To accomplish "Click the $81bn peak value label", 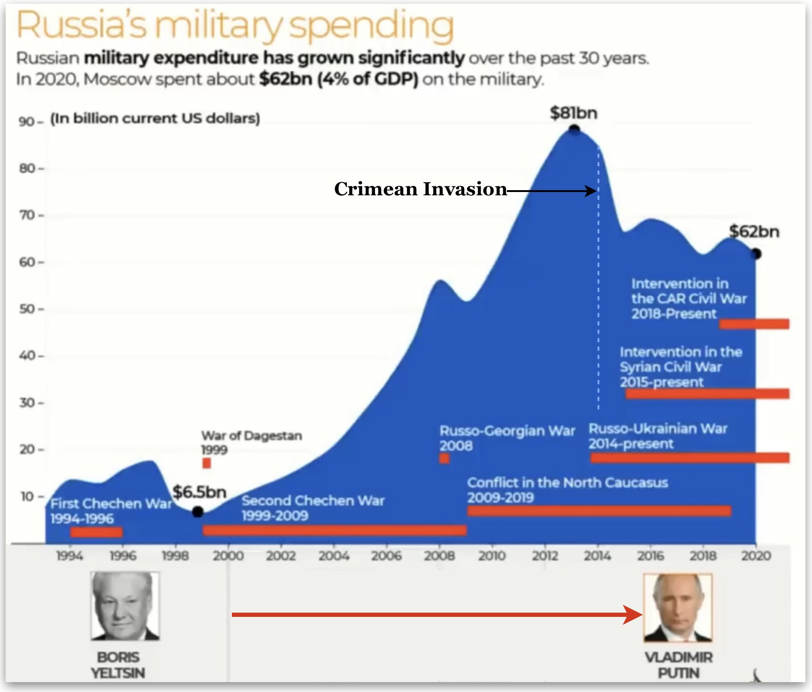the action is [574, 113].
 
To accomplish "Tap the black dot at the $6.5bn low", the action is [198, 512].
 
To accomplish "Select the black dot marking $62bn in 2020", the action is [756, 254].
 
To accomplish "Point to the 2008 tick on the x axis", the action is [439, 556].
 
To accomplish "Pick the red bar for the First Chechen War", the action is [96, 532].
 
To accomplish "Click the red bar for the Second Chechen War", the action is [335, 530].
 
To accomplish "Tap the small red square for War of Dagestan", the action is [207, 463].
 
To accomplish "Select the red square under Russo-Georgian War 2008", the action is [444, 458].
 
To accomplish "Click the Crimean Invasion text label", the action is [421, 189].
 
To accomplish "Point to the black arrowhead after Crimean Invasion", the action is [591, 191].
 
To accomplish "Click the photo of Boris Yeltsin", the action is [125, 606].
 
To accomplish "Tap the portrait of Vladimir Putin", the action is [678, 608].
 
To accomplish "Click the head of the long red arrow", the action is [633, 615].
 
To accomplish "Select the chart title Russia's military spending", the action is [235, 25].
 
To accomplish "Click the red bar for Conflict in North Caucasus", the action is [599, 511].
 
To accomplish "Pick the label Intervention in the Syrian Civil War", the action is [681, 367].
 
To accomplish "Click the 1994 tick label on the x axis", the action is [70, 556].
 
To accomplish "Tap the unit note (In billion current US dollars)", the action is [155, 118].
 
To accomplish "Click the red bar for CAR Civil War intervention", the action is [754, 324].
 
